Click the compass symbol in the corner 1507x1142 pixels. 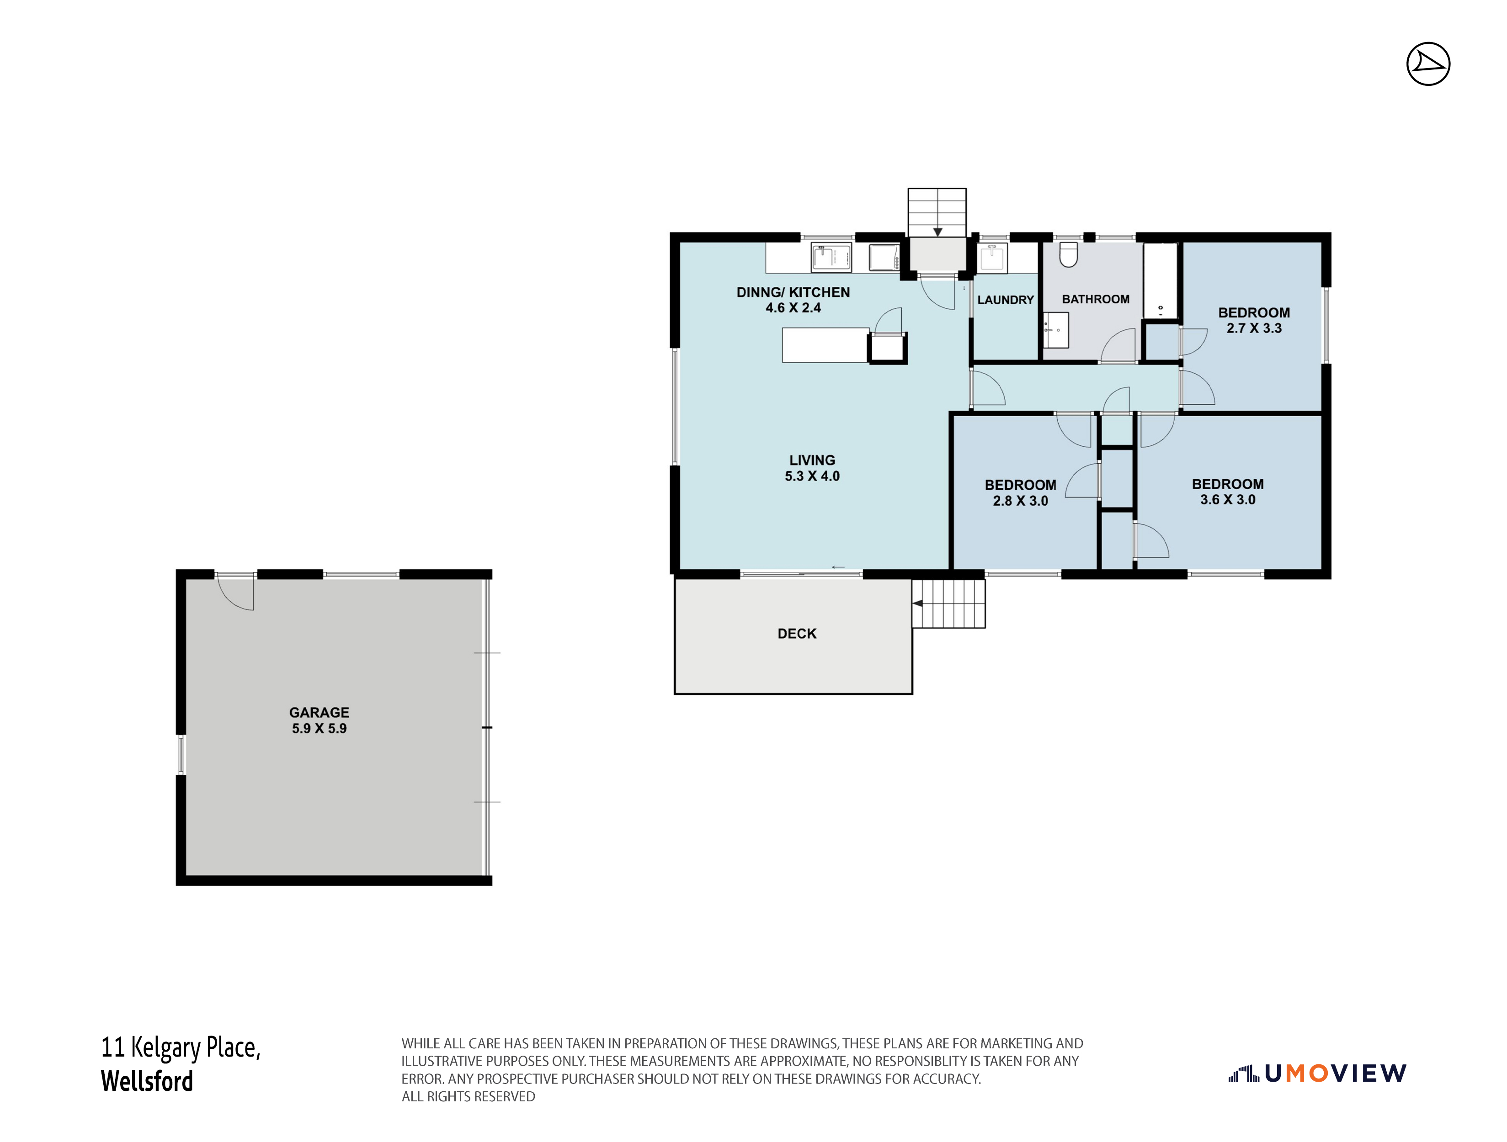point(1428,64)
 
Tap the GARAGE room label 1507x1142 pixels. point(319,712)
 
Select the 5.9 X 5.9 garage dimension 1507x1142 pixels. point(319,729)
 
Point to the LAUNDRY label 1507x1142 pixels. point(1006,300)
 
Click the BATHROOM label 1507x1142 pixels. point(1096,299)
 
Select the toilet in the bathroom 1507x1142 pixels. point(1068,254)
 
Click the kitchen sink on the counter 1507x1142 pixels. point(831,258)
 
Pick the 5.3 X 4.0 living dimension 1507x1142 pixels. point(812,476)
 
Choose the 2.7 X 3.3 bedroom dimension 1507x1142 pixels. point(1254,328)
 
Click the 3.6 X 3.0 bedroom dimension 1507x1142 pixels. point(1228,500)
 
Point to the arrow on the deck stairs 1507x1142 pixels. point(918,603)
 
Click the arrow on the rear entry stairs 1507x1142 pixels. point(937,232)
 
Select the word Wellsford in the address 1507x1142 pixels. point(147,1081)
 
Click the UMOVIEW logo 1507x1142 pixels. point(1317,1074)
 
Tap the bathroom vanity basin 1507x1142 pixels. point(1055,330)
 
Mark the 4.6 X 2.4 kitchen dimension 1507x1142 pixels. point(793,308)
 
